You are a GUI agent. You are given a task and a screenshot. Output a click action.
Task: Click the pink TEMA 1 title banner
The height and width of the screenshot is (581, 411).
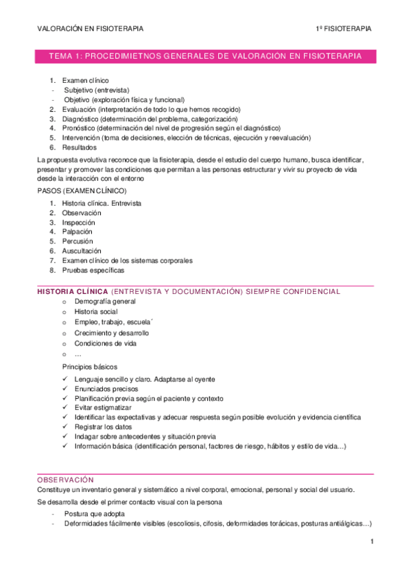pyautogui.click(x=205, y=56)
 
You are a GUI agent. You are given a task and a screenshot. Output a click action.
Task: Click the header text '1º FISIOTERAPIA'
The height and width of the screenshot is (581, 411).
pyautogui.click(x=343, y=29)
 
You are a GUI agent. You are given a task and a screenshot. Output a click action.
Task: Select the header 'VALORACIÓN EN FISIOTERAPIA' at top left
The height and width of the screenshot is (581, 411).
pyautogui.click(x=90, y=29)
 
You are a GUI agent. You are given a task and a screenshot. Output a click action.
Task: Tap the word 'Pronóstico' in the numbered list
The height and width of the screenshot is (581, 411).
pyautogui.click(x=78, y=127)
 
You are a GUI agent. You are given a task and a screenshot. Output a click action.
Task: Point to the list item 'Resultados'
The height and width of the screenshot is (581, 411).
pyautogui.click(x=79, y=147)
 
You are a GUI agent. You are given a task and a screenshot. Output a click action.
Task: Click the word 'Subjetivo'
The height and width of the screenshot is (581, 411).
pyautogui.click(x=80, y=90)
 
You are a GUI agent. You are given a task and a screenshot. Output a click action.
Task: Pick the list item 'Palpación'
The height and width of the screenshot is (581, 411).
pyautogui.click(x=77, y=232)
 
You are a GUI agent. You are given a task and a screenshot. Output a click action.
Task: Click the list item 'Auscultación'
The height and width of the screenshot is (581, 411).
pyautogui.click(x=81, y=251)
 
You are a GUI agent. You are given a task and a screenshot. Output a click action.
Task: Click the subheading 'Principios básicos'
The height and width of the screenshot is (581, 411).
pyautogui.click(x=90, y=367)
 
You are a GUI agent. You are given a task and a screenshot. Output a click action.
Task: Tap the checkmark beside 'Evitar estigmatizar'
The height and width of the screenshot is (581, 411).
pyautogui.click(x=64, y=408)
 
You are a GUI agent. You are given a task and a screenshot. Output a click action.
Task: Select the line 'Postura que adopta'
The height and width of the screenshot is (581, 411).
pyautogui.click(x=95, y=513)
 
